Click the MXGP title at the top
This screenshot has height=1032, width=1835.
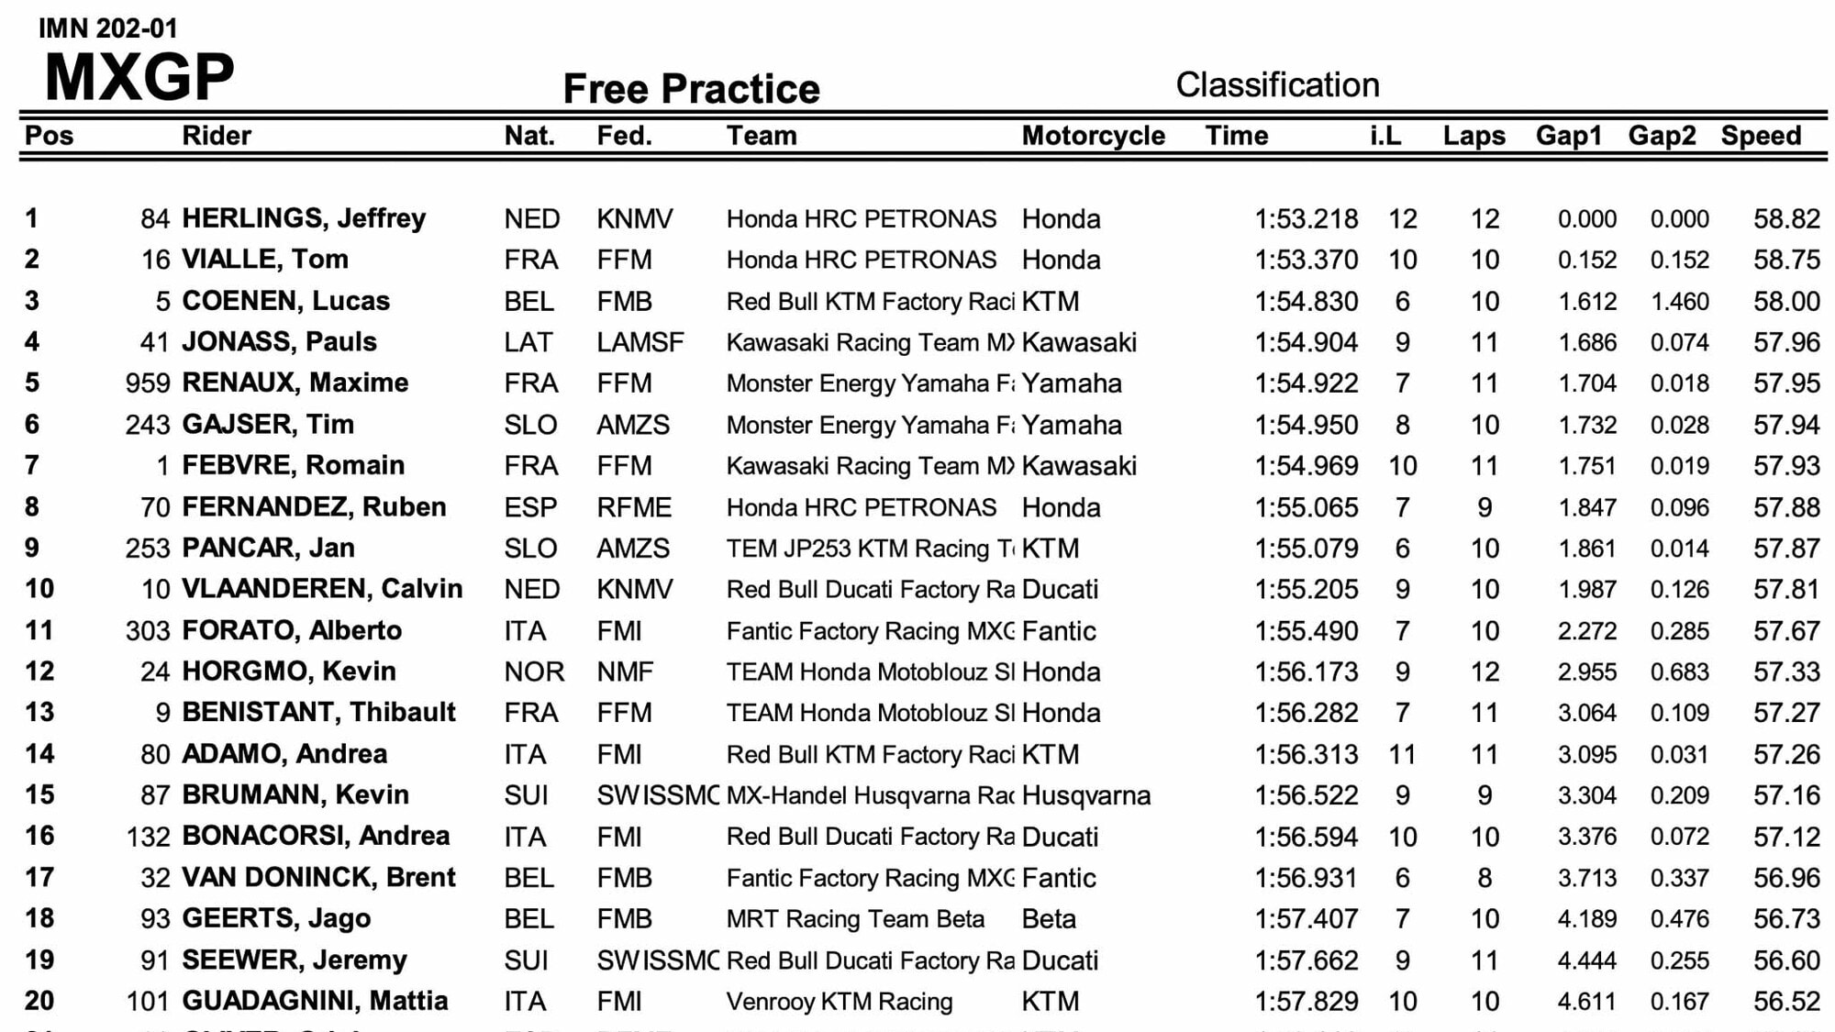pyautogui.click(x=139, y=77)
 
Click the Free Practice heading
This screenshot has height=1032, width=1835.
pyautogui.click(x=691, y=89)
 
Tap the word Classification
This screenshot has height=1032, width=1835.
pyautogui.click(x=1277, y=85)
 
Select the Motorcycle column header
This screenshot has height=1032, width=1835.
pyautogui.click(x=1093, y=136)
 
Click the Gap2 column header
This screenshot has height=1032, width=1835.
pyautogui.click(x=1662, y=136)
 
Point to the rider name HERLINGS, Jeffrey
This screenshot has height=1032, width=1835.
pyautogui.click(x=304, y=218)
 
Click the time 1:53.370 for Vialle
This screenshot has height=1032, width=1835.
pyautogui.click(x=1306, y=260)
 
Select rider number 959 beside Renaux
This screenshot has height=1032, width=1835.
pyautogui.click(x=148, y=383)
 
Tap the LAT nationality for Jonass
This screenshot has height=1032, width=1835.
pyautogui.click(x=528, y=342)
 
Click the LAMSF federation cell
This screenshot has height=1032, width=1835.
pyautogui.click(x=639, y=342)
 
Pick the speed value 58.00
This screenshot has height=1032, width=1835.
pyautogui.click(x=1785, y=301)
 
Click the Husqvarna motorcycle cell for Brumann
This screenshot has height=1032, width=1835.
pyautogui.click(x=1085, y=795)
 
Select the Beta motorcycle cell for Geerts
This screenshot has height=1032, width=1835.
pyautogui.click(x=1048, y=919)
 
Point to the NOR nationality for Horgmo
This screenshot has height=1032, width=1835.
pyautogui.click(x=534, y=671)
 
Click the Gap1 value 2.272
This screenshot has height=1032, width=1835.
pyautogui.click(x=1586, y=631)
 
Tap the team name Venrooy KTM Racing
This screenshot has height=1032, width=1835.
pyautogui.click(x=839, y=1002)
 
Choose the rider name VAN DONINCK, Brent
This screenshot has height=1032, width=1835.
pyautogui.click(x=318, y=878)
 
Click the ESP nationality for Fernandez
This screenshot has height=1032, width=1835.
pyautogui.click(x=530, y=507)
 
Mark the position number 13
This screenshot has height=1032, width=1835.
pyautogui.click(x=39, y=713)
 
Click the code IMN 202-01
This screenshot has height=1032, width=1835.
pyautogui.click(x=107, y=28)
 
